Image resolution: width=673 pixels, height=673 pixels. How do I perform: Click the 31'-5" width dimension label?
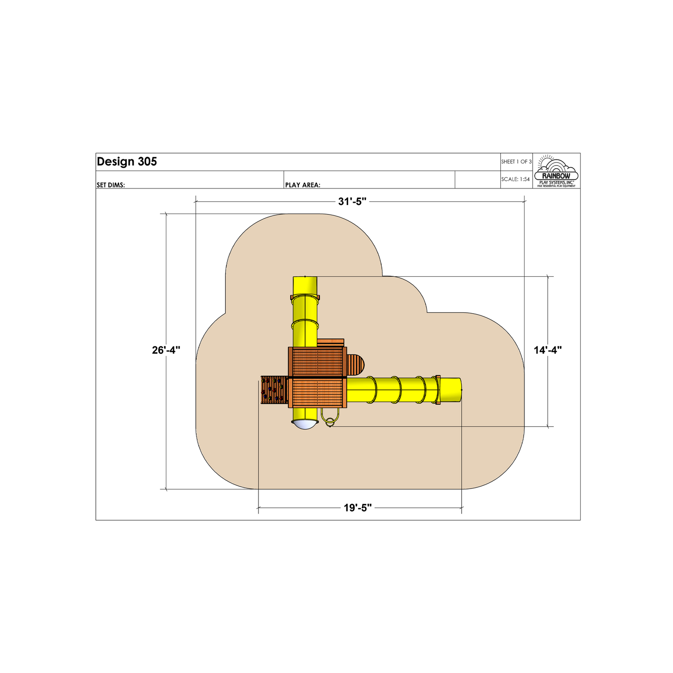point(352,201)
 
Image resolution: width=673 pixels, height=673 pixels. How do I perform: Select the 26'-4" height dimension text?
point(166,350)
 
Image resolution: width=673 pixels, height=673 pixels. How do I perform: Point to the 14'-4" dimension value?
point(548,350)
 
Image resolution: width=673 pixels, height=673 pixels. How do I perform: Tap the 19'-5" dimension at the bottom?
point(358,508)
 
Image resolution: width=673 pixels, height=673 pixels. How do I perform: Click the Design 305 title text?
point(127,162)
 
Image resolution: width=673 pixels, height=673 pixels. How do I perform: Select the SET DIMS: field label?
point(111,185)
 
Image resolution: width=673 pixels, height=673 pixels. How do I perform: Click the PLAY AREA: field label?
point(303,185)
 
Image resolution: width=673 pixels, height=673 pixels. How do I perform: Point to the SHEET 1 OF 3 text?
point(516,162)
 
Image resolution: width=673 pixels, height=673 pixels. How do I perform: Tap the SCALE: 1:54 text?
point(516,179)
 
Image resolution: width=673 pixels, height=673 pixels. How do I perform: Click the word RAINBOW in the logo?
point(556,176)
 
